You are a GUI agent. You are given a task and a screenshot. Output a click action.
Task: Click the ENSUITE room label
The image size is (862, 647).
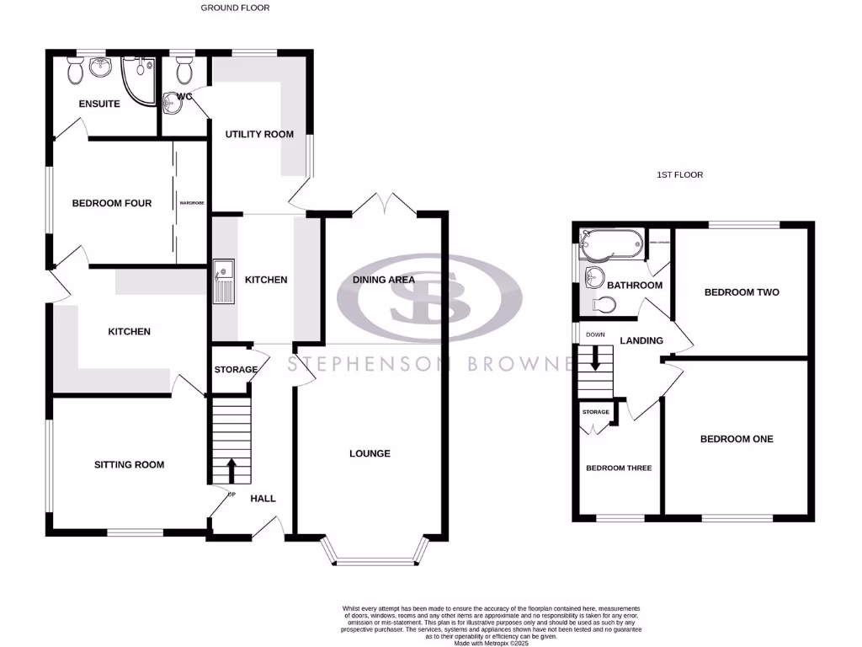99,104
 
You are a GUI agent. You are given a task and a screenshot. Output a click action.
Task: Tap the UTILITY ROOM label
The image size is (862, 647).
258,134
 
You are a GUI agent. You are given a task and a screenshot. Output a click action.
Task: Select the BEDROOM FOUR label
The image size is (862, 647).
111,203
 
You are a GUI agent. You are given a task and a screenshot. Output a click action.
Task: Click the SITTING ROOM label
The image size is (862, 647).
129,464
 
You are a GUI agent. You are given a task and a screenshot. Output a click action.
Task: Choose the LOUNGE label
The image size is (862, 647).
370,453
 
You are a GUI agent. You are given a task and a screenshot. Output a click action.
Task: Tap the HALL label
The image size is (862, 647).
263,499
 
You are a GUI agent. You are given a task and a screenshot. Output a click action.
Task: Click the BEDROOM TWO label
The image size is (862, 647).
741,292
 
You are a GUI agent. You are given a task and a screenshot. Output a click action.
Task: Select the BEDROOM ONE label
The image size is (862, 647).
737,439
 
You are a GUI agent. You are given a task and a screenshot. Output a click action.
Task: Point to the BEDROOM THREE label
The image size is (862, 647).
619,468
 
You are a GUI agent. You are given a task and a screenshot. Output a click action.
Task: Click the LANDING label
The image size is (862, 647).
641,340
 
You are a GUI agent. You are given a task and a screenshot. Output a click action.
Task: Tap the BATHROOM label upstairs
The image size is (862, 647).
635,285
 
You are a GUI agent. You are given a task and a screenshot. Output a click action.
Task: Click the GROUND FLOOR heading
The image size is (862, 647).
235,8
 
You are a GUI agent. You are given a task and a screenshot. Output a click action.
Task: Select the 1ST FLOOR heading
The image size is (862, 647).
679,175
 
